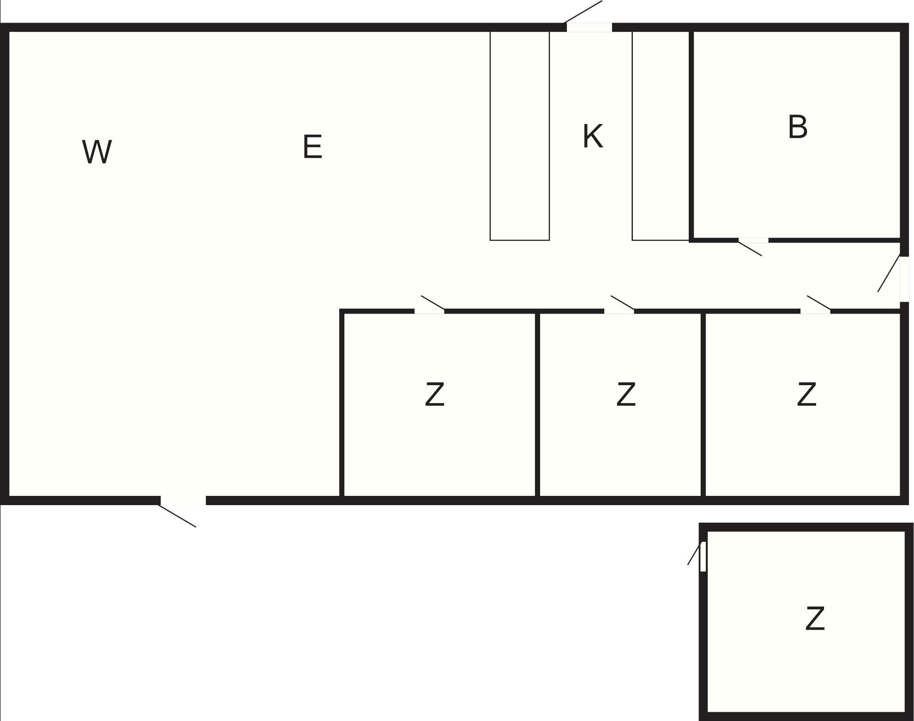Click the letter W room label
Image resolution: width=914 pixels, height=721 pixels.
(97, 152)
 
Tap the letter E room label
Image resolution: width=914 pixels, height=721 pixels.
(313, 147)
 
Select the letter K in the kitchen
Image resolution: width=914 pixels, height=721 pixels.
(593, 137)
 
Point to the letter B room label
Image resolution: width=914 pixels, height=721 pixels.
(798, 127)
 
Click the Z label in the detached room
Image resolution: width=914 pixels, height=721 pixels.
(815, 619)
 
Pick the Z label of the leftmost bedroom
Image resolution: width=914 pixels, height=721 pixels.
(434, 394)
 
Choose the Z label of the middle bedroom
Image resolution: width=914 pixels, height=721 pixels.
(626, 394)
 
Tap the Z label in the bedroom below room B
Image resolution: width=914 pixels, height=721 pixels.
(806, 394)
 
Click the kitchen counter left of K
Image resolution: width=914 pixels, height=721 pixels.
(519, 136)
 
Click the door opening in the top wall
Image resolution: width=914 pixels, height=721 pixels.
(589, 27)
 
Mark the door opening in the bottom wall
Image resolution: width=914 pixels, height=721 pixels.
(183, 501)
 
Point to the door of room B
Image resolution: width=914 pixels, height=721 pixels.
(753, 240)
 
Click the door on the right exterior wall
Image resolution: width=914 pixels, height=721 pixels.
(904, 279)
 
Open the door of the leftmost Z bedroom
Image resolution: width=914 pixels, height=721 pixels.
(429, 311)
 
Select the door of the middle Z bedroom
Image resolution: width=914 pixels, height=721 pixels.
(619, 311)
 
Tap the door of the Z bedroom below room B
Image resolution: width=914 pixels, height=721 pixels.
(815, 311)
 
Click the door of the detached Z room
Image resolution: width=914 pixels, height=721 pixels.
(703, 556)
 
